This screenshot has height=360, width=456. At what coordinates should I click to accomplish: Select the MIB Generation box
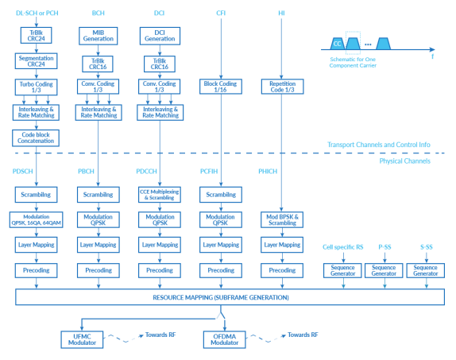(x=98, y=35)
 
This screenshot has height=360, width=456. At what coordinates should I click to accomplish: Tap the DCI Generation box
(x=160, y=35)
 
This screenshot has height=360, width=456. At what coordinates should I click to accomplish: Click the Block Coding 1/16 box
(x=221, y=87)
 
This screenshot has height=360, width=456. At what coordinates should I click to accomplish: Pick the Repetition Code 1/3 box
(x=282, y=87)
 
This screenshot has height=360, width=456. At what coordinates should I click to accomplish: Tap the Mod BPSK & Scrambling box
(x=282, y=219)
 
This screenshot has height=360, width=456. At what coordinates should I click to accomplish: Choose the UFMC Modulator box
(x=83, y=339)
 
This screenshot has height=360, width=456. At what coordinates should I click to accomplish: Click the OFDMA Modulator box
(x=225, y=339)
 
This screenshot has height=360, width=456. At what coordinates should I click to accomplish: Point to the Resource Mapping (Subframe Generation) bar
(x=226, y=296)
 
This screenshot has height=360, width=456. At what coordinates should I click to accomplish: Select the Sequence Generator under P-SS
(x=383, y=271)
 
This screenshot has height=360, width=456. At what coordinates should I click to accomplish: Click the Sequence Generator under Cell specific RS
(x=342, y=271)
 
